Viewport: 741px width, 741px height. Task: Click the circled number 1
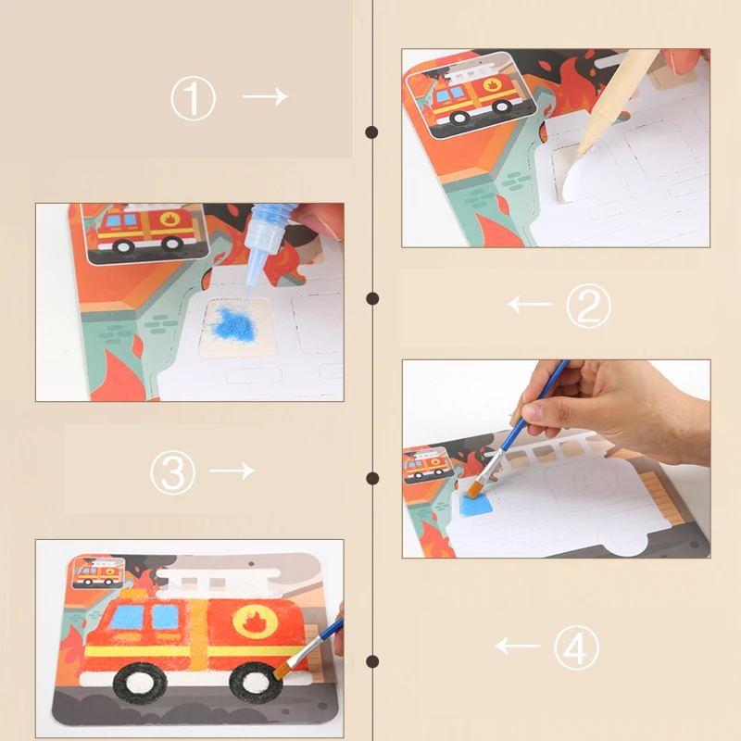tap(193, 98)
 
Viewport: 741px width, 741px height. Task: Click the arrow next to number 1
tap(265, 96)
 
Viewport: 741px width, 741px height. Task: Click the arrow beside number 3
tap(232, 471)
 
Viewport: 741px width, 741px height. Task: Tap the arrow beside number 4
tap(519, 645)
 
